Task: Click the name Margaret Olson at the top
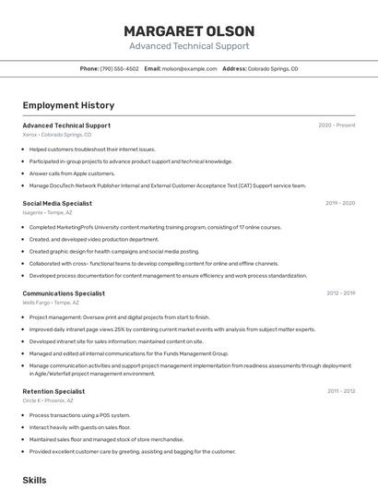coord(189,30)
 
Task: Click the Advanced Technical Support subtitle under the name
coord(189,45)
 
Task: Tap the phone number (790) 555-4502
coord(119,68)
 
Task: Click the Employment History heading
coord(68,106)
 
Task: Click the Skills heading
coord(34,481)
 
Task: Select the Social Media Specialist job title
coord(57,203)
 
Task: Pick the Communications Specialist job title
coord(64,293)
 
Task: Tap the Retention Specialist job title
coord(54,391)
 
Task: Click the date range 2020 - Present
coord(337,125)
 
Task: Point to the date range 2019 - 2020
coord(339,203)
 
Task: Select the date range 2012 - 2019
coord(340,293)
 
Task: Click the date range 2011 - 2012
coord(340,391)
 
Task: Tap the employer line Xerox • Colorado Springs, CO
coord(57,135)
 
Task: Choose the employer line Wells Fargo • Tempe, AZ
coord(51,303)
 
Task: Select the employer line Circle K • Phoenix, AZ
coord(49,400)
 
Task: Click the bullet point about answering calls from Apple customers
coord(72,173)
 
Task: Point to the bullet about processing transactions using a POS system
coord(79,415)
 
